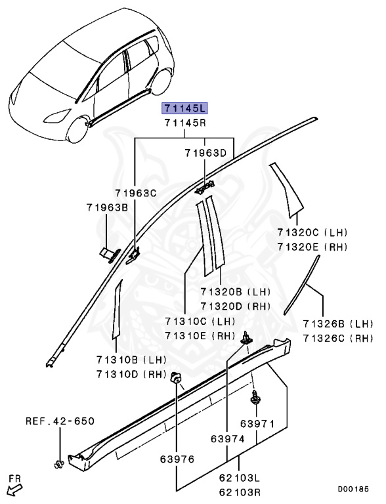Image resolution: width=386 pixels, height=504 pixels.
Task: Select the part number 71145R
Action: coord(184,123)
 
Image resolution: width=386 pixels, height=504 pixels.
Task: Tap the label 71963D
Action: coord(205,153)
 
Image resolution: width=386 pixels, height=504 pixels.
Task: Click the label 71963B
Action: coord(106,207)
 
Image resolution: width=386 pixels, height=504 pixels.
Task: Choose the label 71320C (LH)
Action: coord(312,233)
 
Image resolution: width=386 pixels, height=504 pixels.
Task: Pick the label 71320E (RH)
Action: coord(312,247)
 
